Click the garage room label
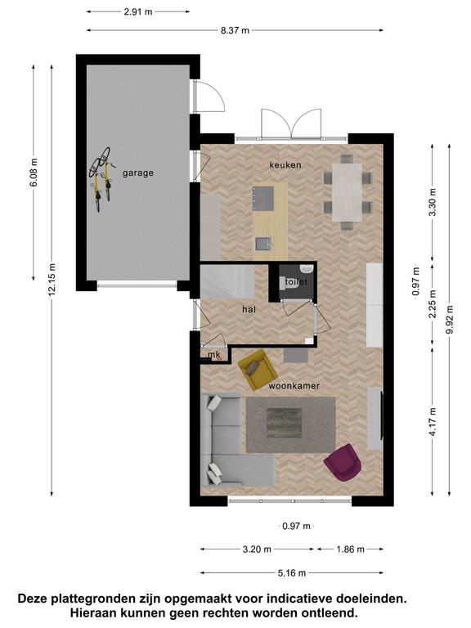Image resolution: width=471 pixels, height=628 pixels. [137, 173]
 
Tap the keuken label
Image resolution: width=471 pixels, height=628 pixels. [285, 164]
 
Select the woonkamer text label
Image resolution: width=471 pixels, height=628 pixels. [294, 386]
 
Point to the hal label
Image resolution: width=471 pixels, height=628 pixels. [249, 309]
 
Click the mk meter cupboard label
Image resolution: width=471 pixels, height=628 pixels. [214, 355]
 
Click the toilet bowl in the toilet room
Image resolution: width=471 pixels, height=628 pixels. [291, 282]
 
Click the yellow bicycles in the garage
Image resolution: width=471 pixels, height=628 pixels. [101, 178]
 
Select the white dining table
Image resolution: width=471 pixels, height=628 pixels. [347, 192]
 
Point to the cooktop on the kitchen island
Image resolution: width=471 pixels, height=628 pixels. [263, 198]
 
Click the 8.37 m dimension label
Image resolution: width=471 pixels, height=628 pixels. [235, 30]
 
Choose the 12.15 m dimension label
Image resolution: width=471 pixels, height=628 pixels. [52, 280]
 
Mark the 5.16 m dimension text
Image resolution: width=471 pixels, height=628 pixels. [292, 573]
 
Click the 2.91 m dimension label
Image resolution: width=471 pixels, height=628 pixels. [138, 11]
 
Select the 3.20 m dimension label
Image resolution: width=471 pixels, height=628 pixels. [257, 549]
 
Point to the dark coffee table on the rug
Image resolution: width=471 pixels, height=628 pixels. [285, 423]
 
